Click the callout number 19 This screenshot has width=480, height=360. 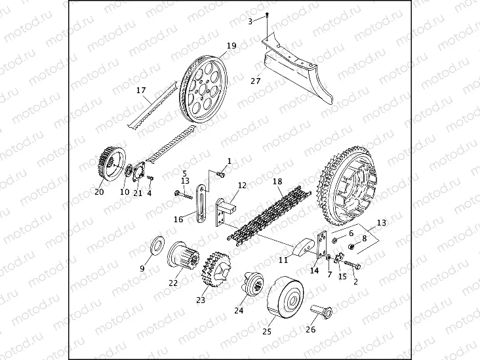231,46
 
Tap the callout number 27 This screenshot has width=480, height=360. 255,81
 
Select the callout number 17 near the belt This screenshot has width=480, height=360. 141,90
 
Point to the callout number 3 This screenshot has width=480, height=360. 250,22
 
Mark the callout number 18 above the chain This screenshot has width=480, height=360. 277,181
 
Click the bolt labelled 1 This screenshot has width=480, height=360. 222,174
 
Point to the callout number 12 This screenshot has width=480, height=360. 242,186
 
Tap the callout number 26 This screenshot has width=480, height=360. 311,329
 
